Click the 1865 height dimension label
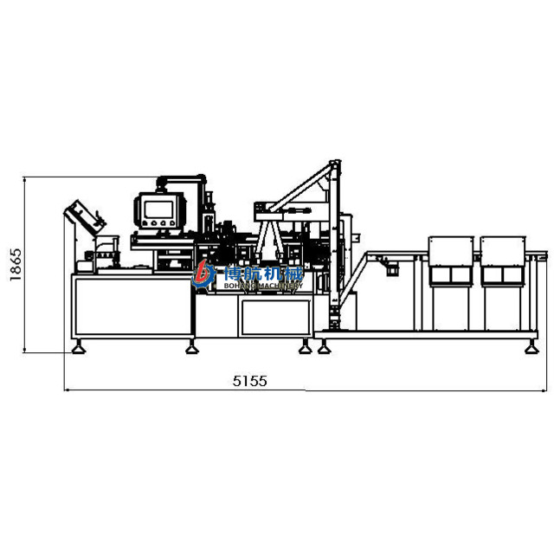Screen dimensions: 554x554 point(16,265)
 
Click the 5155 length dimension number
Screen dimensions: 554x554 point(250,381)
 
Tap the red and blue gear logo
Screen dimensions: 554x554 point(203,274)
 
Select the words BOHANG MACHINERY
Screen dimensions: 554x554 point(263,286)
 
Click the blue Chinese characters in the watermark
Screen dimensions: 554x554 point(264,274)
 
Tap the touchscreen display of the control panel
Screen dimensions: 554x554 point(158,209)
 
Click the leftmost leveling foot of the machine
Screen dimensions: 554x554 point(79,348)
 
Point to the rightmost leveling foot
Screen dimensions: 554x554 point(531,348)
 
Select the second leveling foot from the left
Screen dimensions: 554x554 point(192,348)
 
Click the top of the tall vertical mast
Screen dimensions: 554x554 point(335,163)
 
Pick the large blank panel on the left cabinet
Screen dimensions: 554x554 point(133,306)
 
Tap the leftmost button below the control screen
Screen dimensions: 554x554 point(145,223)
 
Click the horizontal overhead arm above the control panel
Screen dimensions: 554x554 point(181,179)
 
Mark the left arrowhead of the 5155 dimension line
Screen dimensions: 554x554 point(66,390)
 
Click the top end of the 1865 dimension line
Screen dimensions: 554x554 point(24,177)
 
